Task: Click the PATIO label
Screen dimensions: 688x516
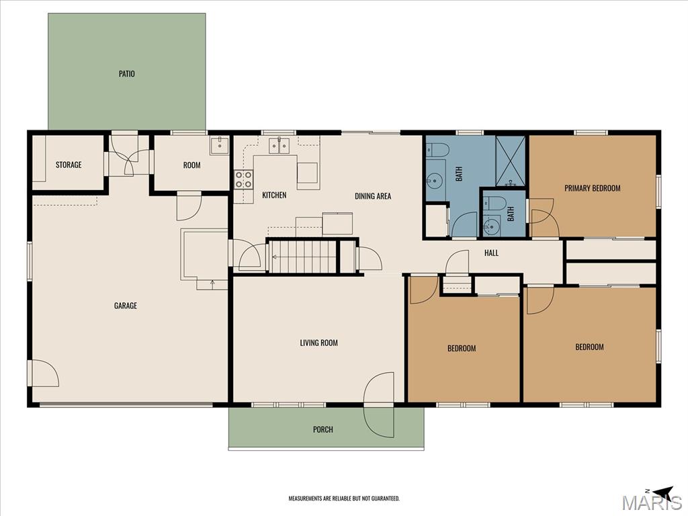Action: (127, 74)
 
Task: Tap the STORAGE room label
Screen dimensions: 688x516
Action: (69, 165)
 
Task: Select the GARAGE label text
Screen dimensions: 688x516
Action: (126, 306)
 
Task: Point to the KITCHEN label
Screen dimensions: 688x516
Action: (274, 196)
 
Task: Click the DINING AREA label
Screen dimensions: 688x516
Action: (373, 196)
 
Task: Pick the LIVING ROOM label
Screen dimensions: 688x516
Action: (319, 343)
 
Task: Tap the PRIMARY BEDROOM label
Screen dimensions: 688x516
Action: (593, 188)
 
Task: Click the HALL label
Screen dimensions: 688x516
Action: (491, 253)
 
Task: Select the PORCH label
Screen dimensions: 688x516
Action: (323, 429)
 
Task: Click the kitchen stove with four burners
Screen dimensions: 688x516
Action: (243, 179)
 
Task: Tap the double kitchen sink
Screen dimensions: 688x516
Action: (279, 145)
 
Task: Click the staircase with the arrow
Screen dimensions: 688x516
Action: (302, 256)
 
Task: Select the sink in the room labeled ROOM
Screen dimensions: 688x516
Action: (220, 145)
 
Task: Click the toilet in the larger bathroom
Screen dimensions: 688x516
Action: (436, 150)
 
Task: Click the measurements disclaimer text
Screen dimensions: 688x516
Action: (344, 499)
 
